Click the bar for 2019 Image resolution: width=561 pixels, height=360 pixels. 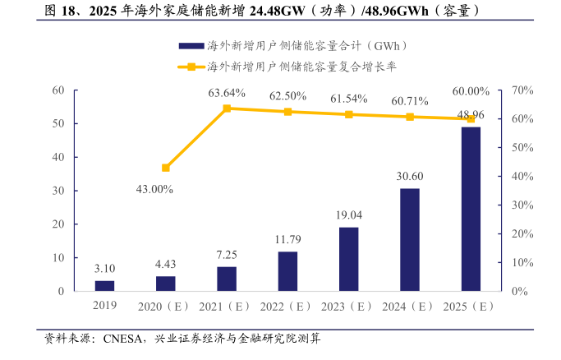click(x=104, y=286)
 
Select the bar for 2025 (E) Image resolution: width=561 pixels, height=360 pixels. click(x=471, y=209)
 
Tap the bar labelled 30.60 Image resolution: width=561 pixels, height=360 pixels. click(x=410, y=240)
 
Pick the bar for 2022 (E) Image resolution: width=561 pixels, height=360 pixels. click(x=287, y=271)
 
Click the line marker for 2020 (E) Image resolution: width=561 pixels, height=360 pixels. click(x=166, y=168)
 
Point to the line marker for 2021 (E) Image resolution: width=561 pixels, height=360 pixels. click(x=227, y=108)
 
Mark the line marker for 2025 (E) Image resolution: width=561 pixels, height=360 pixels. click(x=471, y=118)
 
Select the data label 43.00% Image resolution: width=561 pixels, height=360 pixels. click(x=155, y=189)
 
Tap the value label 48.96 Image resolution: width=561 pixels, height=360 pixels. click(x=471, y=114)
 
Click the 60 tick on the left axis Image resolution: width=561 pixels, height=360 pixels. click(x=57, y=90)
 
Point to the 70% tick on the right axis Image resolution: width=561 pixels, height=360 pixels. click(x=522, y=90)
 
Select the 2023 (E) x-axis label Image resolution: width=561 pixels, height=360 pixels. click(x=348, y=307)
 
